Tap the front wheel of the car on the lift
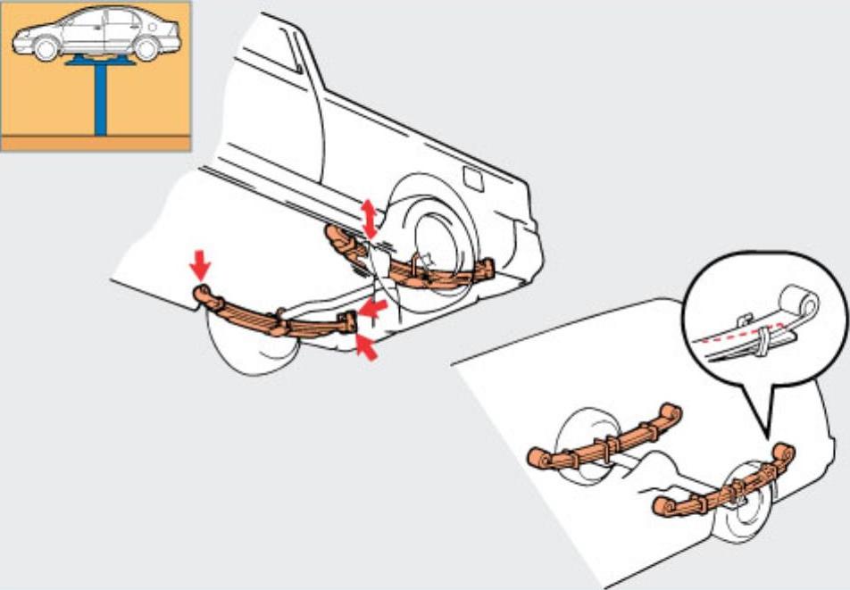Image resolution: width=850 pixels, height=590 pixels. coord(45,49)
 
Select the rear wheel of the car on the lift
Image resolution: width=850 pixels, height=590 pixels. coord(146,49)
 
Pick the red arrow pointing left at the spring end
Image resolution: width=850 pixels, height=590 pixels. coord(375,309)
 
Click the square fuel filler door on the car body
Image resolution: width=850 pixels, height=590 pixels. coord(473,179)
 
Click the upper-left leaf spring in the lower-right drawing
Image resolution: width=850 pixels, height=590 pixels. coord(607,439)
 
